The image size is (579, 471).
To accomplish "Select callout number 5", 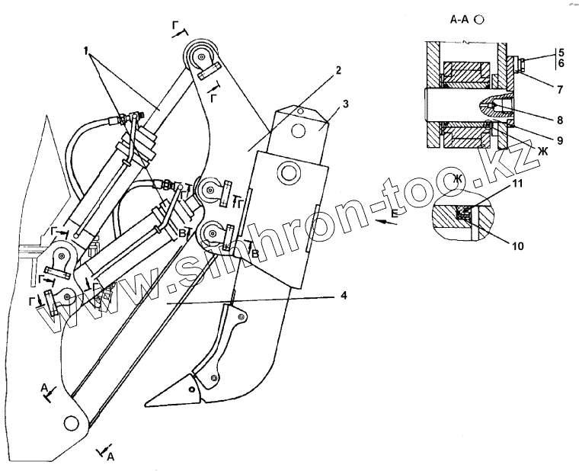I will (559, 53).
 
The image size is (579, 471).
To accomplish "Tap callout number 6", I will (559, 65).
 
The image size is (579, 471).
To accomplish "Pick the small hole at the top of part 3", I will (301, 112).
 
